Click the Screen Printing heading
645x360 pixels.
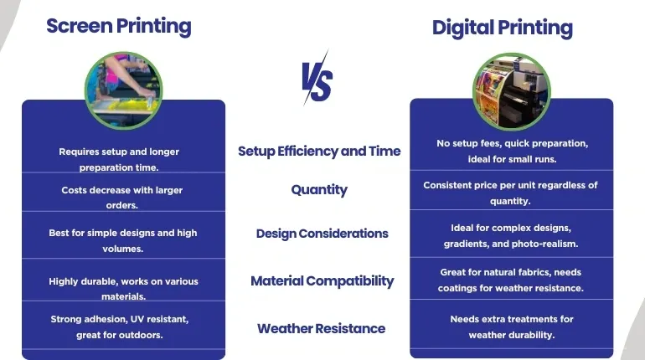coord(118,27)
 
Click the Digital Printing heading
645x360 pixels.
coord(503,28)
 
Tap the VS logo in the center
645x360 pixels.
coord(317,79)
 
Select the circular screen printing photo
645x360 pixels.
coord(123,90)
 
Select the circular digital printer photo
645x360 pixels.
coord(511,91)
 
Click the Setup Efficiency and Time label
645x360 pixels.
coord(319,152)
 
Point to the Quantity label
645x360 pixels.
coord(319,190)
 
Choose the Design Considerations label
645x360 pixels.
coord(322,234)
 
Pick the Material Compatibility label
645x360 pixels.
coord(322,281)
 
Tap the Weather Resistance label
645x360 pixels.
coord(322,329)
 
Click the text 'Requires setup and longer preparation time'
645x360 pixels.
coord(119,159)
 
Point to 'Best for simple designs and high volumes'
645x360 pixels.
coord(123,240)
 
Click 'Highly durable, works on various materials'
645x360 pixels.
coord(123,289)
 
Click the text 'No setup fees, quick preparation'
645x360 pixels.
coord(512,143)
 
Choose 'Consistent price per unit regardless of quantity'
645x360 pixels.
coord(510,193)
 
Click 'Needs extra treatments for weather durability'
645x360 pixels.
coord(512,327)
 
